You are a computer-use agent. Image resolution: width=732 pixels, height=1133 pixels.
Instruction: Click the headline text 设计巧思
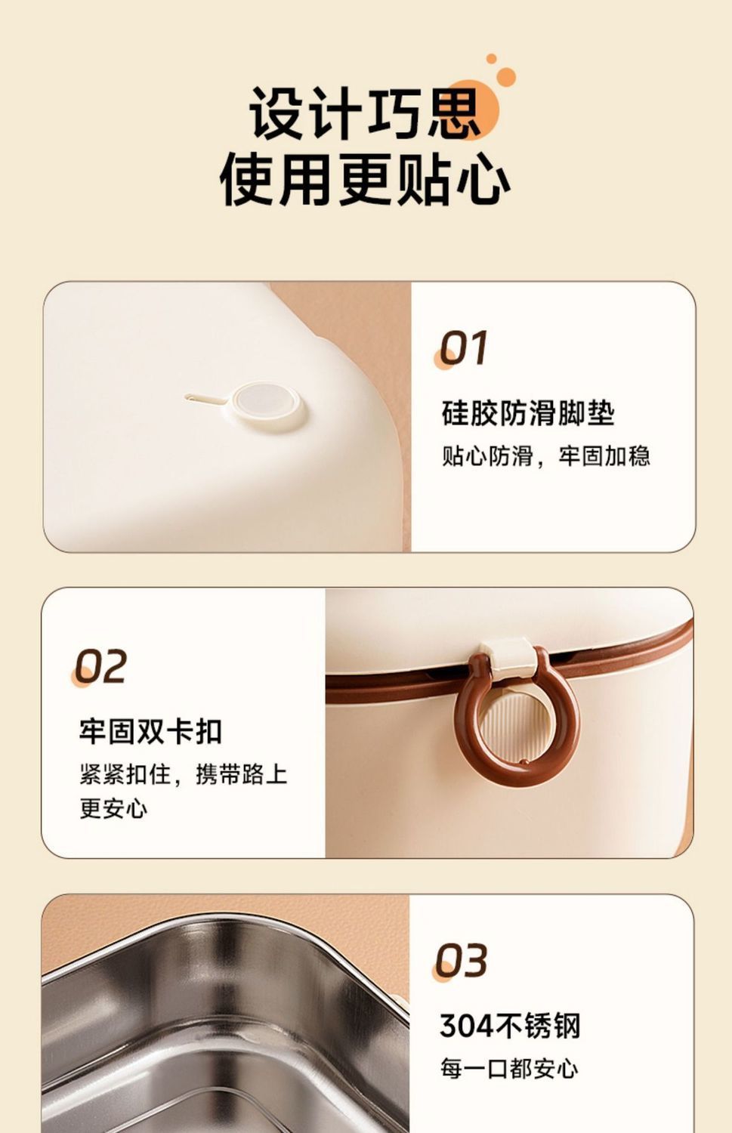pyautogui.click(x=364, y=113)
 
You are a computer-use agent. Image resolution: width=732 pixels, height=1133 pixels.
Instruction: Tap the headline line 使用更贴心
pyautogui.click(x=365, y=179)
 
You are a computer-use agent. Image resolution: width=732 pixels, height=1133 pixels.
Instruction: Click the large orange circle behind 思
pyautogui.click(x=471, y=108)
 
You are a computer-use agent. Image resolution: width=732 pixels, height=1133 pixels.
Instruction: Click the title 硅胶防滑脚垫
pyautogui.click(x=528, y=413)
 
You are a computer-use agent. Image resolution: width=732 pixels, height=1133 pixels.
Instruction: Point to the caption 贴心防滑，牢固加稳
pyautogui.click(x=546, y=455)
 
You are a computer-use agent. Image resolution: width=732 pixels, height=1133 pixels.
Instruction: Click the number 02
pyautogui.click(x=100, y=666)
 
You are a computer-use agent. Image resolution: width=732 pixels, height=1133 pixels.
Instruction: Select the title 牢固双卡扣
pyautogui.click(x=150, y=731)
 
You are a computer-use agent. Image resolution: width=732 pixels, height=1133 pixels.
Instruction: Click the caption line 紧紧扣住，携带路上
pyautogui.click(x=183, y=774)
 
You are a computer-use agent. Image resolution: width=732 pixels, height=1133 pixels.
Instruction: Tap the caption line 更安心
pyautogui.click(x=113, y=808)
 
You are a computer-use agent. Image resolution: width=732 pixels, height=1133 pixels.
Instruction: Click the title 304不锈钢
pyautogui.click(x=510, y=1026)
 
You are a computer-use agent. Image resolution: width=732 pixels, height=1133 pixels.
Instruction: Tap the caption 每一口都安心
pyautogui.click(x=509, y=1068)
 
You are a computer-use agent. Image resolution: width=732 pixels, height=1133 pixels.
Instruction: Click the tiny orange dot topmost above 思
pyautogui.click(x=491, y=59)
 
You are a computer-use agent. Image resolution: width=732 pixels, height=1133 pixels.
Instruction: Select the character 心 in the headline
pyautogui.click(x=483, y=180)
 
